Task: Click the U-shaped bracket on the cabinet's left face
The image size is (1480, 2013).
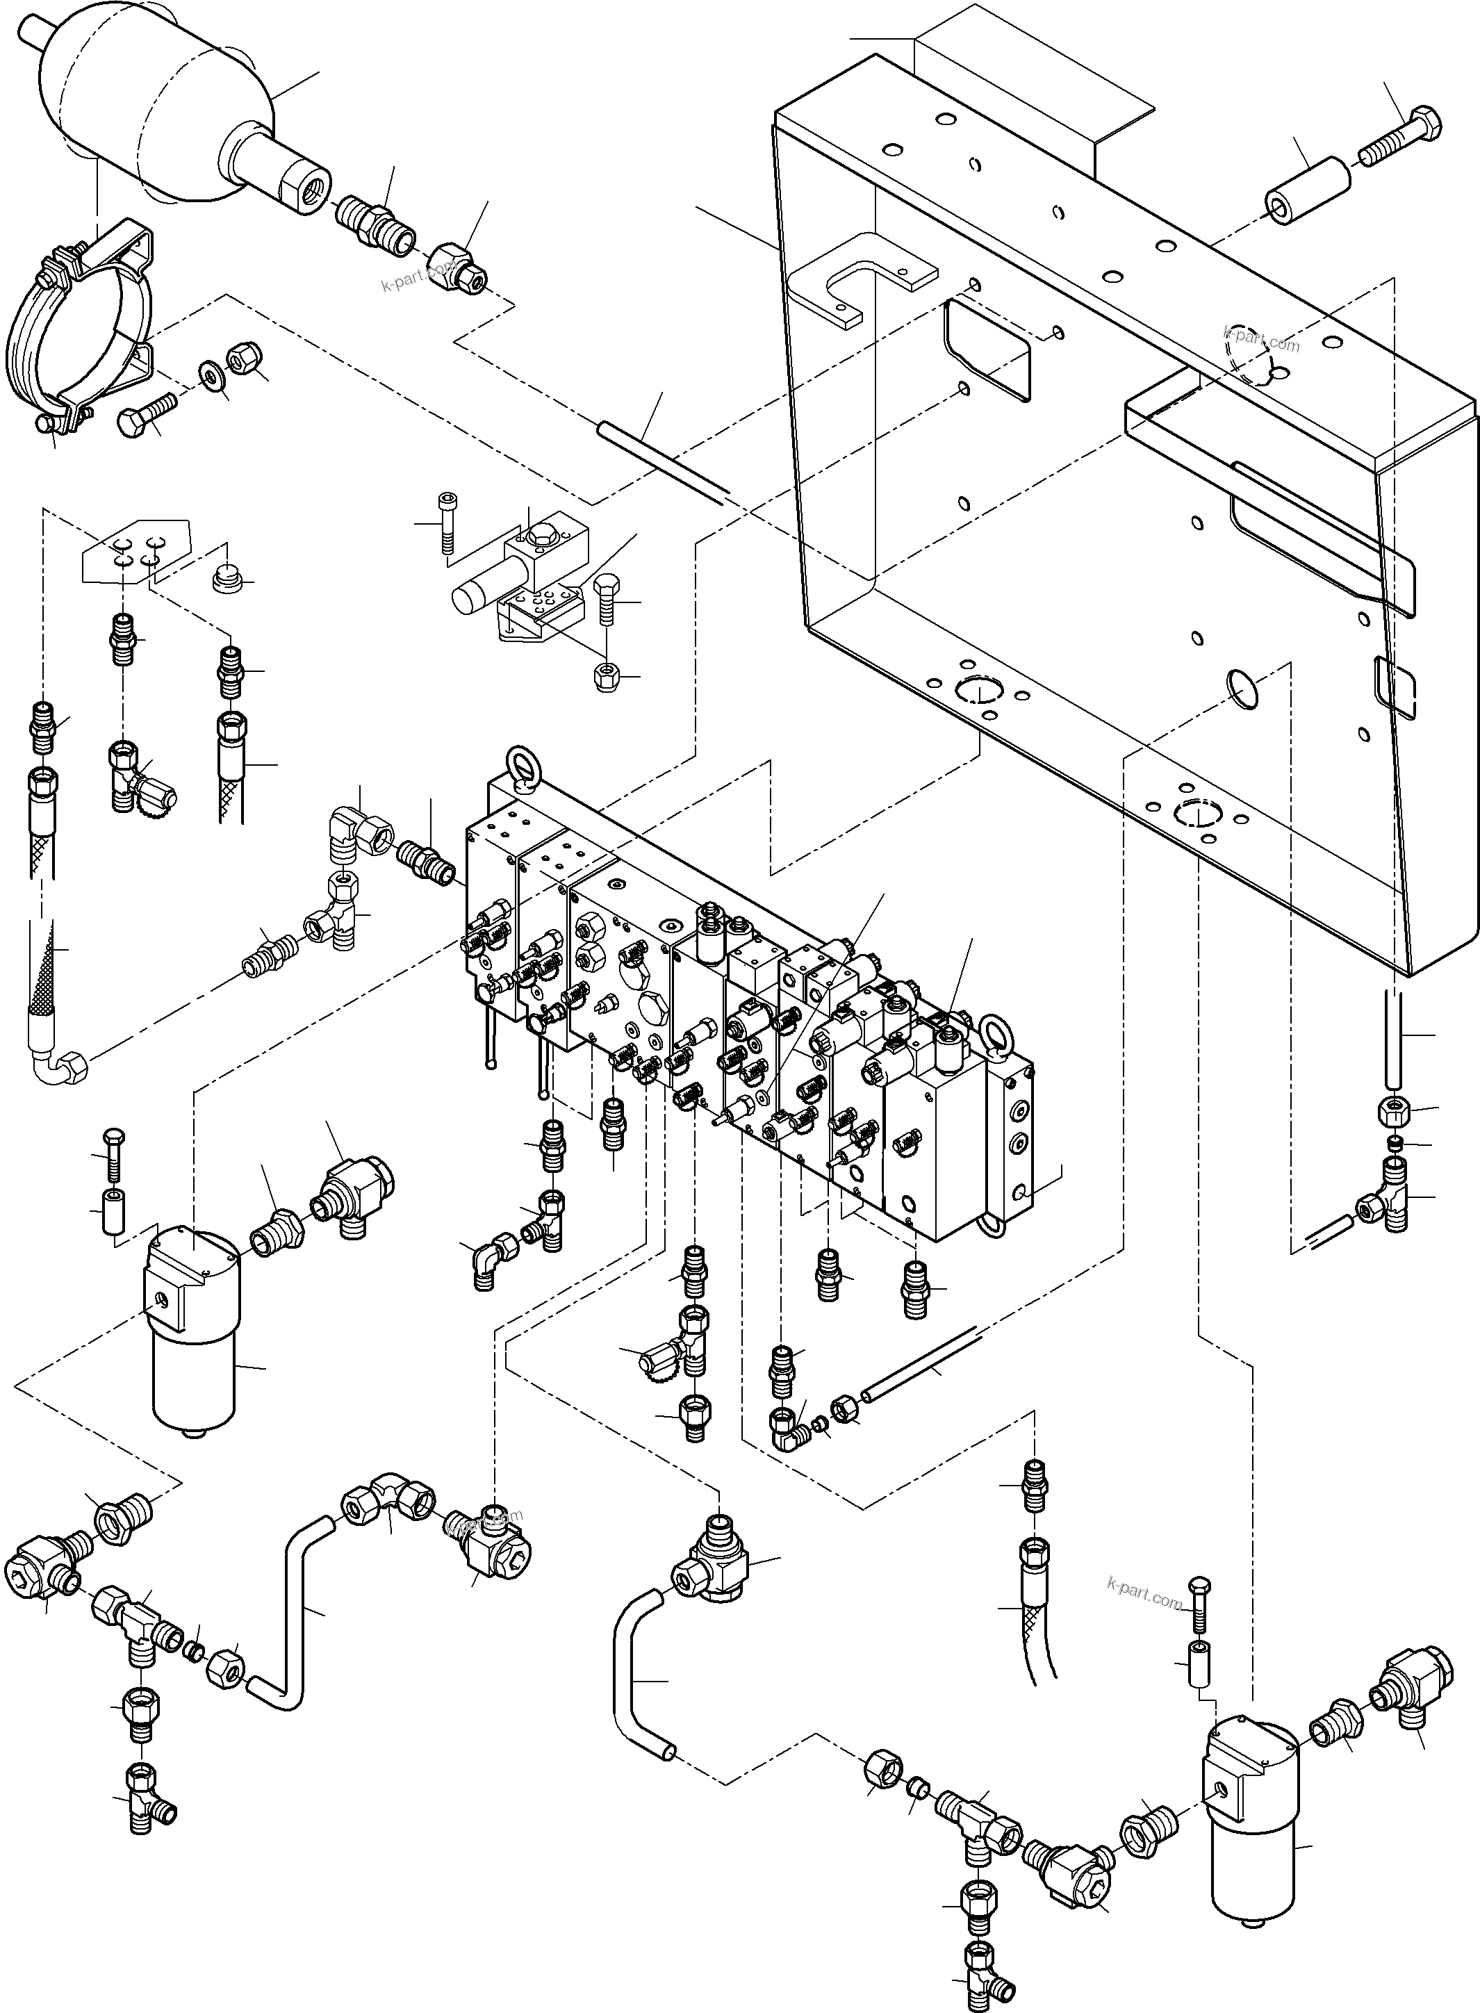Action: pos(860,278)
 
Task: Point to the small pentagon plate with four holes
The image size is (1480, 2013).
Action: pos(136,551)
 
